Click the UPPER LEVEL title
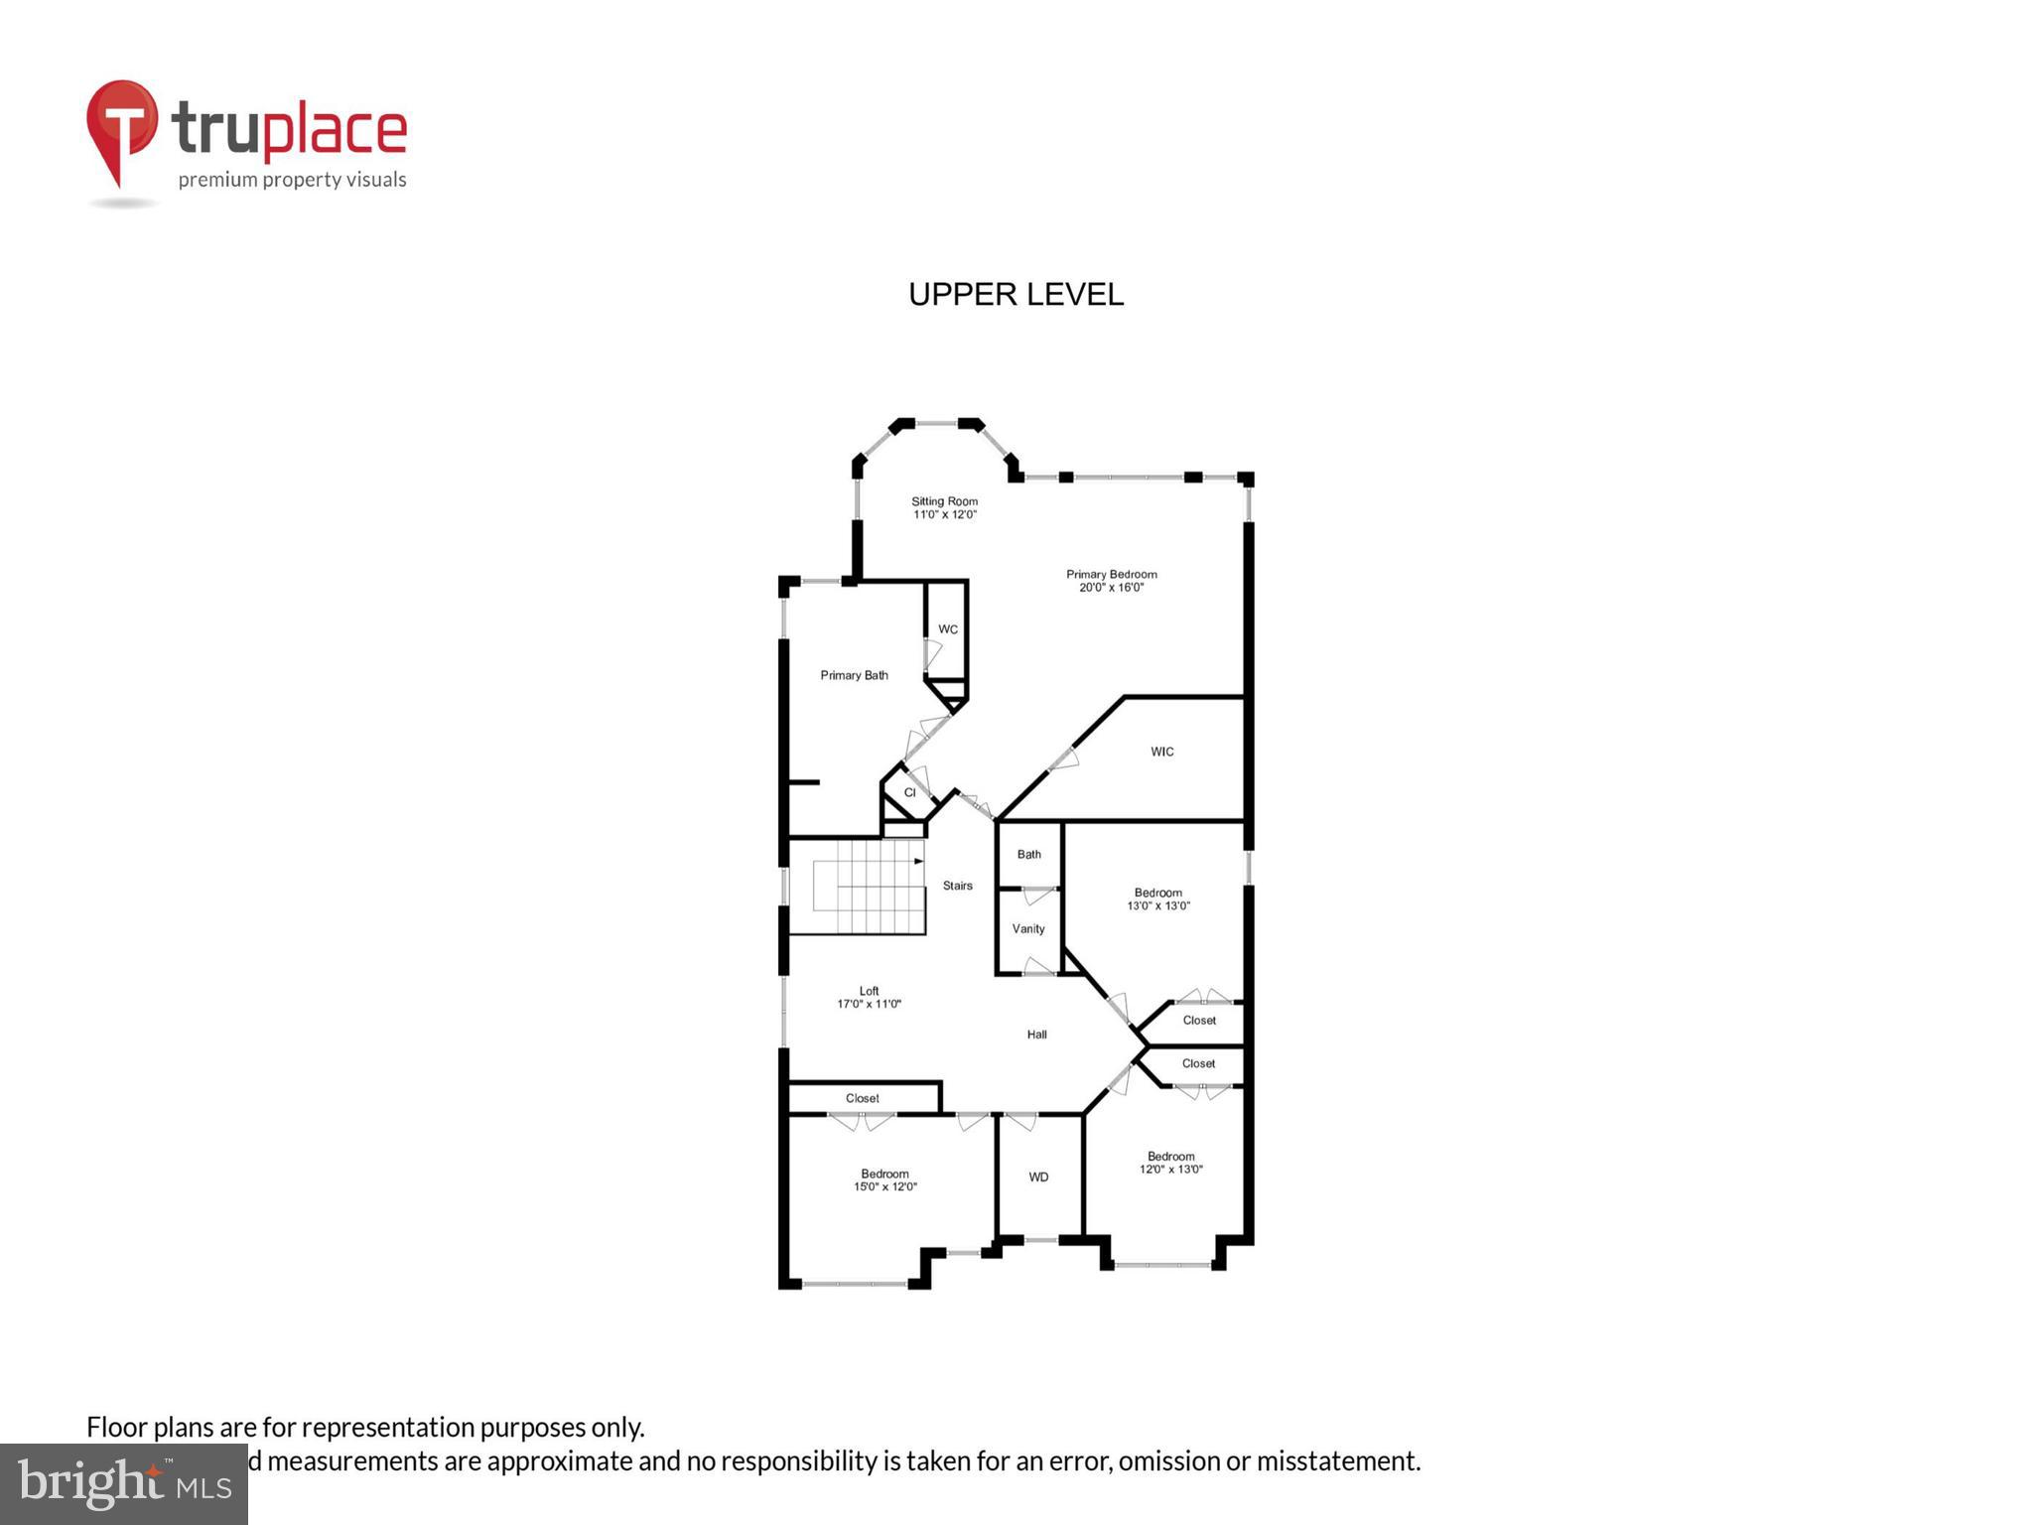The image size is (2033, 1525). tap(1016, 295)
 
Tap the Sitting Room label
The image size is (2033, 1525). tap(944, 507)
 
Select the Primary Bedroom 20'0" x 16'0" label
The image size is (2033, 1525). tap(1111, 581)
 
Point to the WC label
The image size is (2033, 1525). tap(948, 629)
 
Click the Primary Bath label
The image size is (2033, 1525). tap(854, 675)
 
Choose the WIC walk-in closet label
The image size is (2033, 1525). tap(1161, 752)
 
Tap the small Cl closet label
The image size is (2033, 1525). tap(909, 792)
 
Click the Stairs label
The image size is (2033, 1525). tap(957, 886)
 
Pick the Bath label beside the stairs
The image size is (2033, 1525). tap(1028, 854)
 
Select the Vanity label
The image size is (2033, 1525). tap(1028, 929)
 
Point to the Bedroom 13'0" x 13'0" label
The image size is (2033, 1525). tap(1157, 899)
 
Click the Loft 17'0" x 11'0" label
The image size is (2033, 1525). tap(869, 997)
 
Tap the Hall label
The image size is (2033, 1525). tap(1036, 1035)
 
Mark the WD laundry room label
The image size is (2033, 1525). tap(1038, 1178)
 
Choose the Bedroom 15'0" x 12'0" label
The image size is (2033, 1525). tap(884, 1179)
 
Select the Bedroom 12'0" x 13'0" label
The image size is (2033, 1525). tap(1170, 1163)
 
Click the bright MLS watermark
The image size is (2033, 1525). tap(124, 1483)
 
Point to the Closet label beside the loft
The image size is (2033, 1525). tap(862, 1098)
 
